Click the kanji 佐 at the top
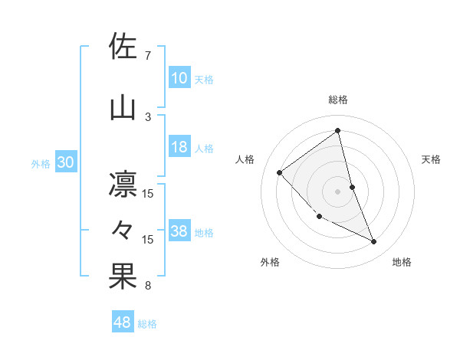(123, 47)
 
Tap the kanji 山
(123, 107)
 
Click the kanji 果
(123, 277)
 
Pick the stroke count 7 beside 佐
(148, 56)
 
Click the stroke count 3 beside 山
(148, 116)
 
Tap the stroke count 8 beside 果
(148, 286)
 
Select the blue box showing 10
(179, 78)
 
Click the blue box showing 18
(179, 148)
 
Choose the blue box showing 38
(179, 232)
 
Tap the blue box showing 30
(66, 162)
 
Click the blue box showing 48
(123, 323)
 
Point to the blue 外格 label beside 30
(41, 163)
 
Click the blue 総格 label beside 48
(148, 324)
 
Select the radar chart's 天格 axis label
(432, 159)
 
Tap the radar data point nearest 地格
(374, 242)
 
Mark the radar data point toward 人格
(280, 172)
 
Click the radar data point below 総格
(337, 131)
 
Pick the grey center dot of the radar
(337, 191)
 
